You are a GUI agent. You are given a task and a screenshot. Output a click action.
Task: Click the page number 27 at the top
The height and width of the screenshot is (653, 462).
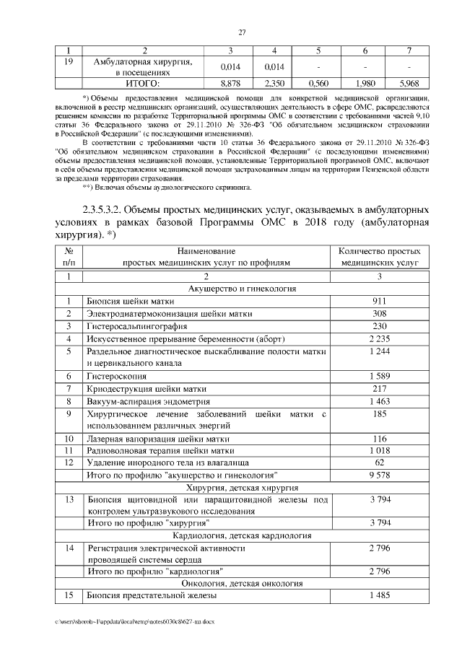243,32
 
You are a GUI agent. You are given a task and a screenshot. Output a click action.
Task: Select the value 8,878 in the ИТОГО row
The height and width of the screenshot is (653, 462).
230,83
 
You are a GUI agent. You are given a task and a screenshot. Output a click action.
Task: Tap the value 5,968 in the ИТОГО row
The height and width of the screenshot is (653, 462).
409,83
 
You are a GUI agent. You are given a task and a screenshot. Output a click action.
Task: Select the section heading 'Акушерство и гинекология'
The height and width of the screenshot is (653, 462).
243,288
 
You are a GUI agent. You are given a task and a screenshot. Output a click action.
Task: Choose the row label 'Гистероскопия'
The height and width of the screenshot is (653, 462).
117,376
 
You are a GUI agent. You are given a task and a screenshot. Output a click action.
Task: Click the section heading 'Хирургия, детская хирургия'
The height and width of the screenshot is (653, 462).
243,488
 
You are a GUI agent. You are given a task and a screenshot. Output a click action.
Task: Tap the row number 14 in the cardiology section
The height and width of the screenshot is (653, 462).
69,548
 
